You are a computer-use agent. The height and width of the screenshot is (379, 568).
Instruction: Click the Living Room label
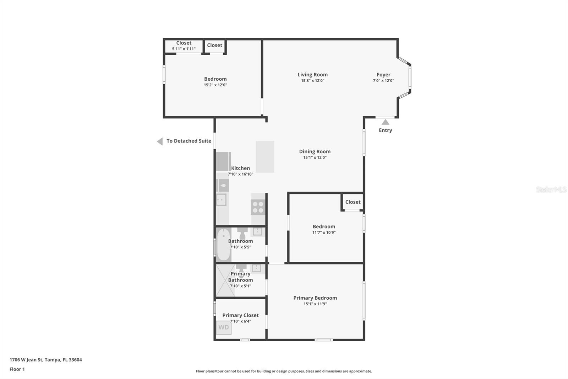coord(312,75)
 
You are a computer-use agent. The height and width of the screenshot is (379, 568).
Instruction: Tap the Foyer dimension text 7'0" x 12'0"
coord(383,81)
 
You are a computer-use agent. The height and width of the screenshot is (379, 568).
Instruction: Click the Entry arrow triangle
coord(385,122)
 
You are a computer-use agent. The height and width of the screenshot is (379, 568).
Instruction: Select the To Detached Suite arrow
coord(160,142)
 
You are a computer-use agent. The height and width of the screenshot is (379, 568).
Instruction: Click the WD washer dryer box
coord(224,327)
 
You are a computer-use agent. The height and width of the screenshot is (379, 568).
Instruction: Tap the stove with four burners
coord(258,207)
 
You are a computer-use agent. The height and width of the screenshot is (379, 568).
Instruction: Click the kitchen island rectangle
coord(265,157)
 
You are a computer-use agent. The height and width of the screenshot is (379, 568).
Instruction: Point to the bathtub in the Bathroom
coord(224,245)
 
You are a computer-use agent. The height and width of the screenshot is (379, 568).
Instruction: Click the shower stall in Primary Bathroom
coord(225,281)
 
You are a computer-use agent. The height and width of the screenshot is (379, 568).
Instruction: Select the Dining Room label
coord(315,151)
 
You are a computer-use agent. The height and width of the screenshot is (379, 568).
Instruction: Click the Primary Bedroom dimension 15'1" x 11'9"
coord(315,304)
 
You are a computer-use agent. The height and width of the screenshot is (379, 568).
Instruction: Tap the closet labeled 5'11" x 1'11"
coord(184,46)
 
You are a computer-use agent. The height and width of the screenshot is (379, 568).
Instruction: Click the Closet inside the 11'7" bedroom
coord(353,202)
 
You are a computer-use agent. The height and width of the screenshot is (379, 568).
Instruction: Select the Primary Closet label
coord(240,315)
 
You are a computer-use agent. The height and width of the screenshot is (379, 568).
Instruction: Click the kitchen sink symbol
coord(222,199)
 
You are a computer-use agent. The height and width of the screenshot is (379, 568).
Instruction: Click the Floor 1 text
coord(17,369)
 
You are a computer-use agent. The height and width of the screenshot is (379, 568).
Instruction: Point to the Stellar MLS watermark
coord(551,189)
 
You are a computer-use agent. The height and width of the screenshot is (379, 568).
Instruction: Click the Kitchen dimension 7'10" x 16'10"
coord(240,174)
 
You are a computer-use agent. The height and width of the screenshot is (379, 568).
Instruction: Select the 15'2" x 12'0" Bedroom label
coord(215,79)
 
